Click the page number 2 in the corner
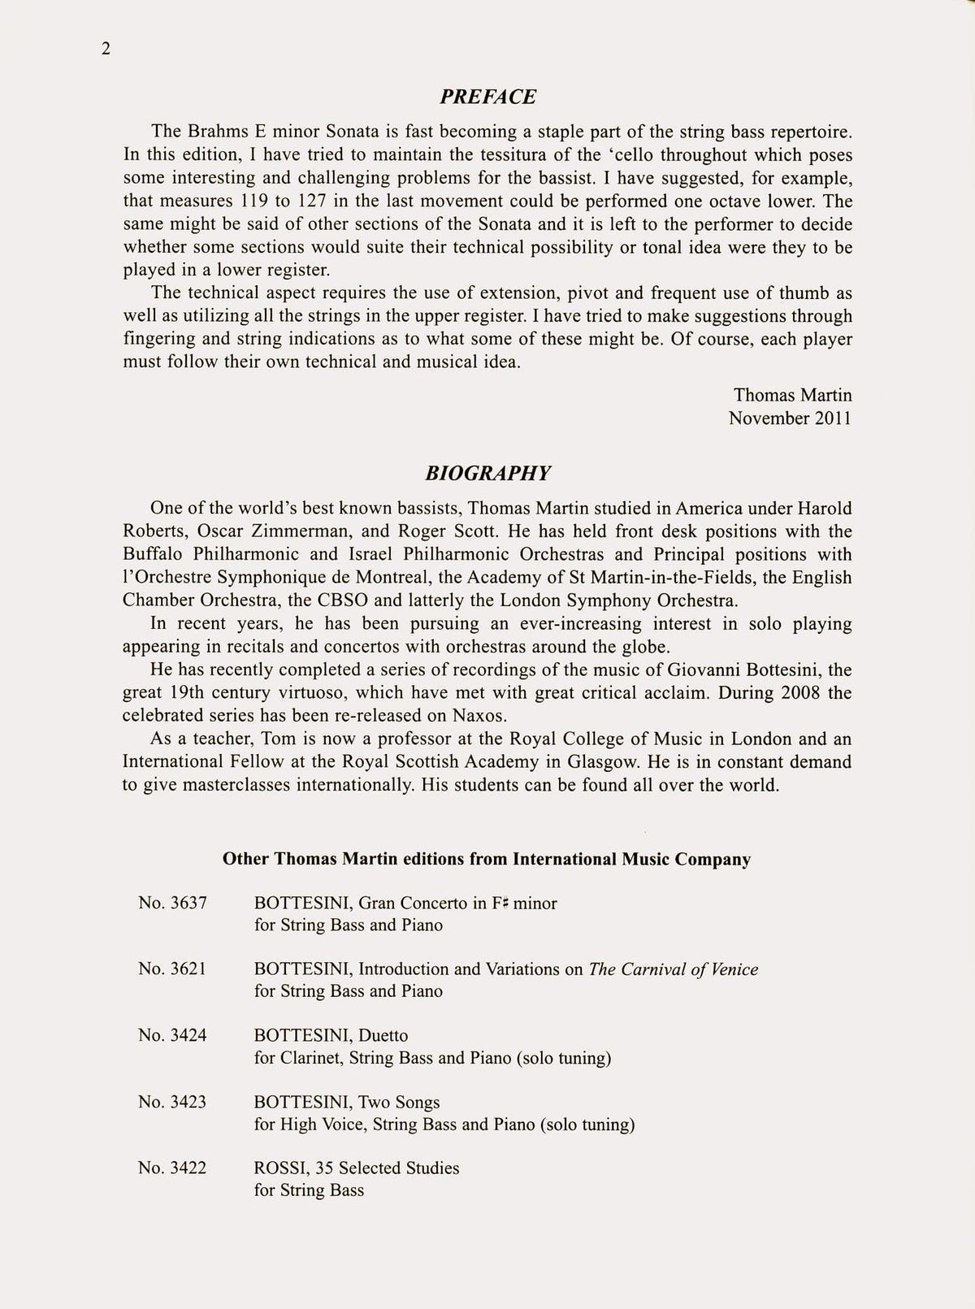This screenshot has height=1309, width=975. coord(106,50)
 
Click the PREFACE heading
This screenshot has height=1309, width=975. coord(487,97)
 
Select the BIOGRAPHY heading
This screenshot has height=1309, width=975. coord(487,473)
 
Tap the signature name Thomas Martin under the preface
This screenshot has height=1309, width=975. coord(792,395)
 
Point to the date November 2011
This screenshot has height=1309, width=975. coord(790,418)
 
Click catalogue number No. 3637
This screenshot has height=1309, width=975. coord(172,903)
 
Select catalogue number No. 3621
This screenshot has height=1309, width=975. coord(172,969)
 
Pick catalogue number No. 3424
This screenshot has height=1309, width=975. coord(172,1035)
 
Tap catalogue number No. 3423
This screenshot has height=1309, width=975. coord(172,1102)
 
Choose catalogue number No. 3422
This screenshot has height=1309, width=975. coord(172,1168)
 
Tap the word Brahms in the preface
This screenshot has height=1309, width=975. coord(221,132)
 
